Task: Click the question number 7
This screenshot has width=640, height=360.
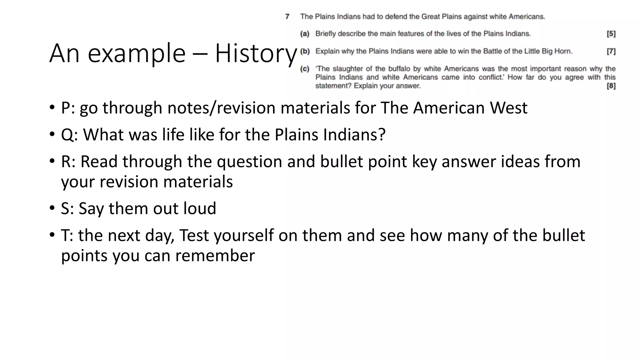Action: [287, 17]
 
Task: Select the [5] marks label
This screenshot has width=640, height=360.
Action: [611, 34]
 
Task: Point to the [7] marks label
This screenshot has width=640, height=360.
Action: [611, 51]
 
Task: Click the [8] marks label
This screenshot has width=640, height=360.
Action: [611, 86]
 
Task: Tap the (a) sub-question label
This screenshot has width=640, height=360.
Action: [305, 34]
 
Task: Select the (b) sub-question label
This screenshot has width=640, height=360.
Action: [305, 51]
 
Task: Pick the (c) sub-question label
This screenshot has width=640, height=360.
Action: [305, 69]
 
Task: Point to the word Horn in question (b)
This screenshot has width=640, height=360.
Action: [563, 51]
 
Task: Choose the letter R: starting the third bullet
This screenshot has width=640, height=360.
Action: [68, 162]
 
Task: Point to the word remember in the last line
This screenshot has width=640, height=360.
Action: [215, 256]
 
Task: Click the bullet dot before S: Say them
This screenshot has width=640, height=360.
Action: [52, 208]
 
